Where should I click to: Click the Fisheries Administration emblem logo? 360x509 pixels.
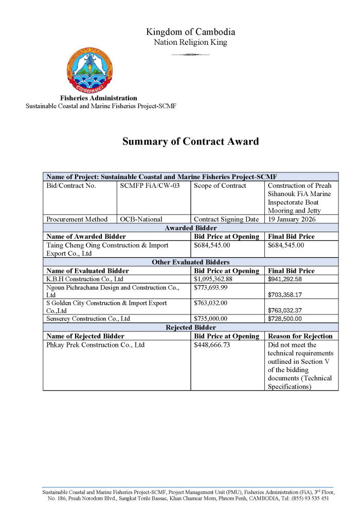(89, 70)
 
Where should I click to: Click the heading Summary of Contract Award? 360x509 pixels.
(190, 142)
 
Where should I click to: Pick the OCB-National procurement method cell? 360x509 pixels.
(141, 219)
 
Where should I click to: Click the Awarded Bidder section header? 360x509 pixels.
(190, 227)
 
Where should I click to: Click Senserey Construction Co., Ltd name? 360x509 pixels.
(88, 319)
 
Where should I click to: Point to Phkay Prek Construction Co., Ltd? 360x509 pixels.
(96, 345)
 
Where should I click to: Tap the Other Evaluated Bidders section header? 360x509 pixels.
(190, 262)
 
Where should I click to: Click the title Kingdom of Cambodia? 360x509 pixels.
(190, 32)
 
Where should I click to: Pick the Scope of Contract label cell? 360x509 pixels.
(220, 186)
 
